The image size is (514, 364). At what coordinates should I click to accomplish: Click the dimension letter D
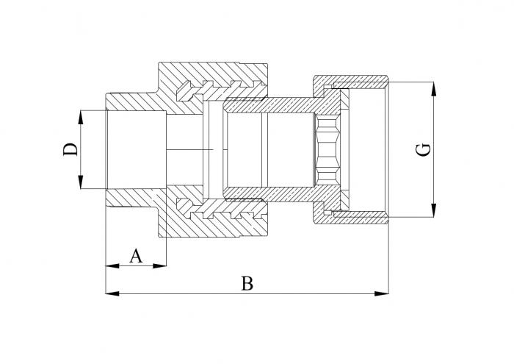point(70,149)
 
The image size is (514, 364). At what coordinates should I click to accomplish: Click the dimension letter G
point(423,149)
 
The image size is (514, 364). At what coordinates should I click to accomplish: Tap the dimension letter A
point(136,256)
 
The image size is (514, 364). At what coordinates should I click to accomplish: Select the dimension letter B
point(247,284)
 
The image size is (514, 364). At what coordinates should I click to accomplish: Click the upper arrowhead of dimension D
point(81,117)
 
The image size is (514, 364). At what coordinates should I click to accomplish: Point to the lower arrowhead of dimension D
point(81,182)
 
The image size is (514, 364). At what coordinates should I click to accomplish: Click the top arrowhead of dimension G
point(434,89)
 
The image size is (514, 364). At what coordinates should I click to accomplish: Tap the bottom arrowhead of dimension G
point(434,210)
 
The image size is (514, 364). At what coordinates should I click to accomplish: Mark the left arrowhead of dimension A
point(112,265)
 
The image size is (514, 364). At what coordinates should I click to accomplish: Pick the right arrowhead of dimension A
point(159,265)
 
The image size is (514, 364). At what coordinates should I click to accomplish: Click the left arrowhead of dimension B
point(112,293)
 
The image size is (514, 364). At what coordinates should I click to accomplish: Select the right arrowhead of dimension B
point(382,293)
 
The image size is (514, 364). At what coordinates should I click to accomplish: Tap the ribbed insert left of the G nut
point(327,150)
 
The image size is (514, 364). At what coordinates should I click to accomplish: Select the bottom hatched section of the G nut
point(351,217)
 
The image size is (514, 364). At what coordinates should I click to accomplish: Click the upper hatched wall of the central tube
point(269,105)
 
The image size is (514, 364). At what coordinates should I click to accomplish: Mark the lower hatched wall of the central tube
point(269,194)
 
